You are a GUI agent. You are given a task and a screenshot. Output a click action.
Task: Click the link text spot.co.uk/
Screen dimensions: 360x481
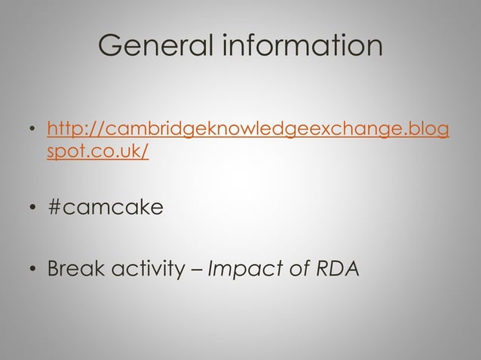click(x=97, y=152)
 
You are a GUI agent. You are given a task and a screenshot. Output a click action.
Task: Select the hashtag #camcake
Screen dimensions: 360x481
click(x=105, y=207)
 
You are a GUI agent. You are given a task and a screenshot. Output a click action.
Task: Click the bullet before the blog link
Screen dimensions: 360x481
click(x=32, y=135)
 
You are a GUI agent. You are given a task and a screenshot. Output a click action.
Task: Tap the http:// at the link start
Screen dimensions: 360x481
click(x=70, y=132)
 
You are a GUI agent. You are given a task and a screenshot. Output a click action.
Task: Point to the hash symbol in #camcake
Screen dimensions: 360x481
click(x=54, y=207)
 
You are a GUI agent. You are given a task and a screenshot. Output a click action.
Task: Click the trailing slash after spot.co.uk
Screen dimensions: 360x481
click(x=145, y=152)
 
